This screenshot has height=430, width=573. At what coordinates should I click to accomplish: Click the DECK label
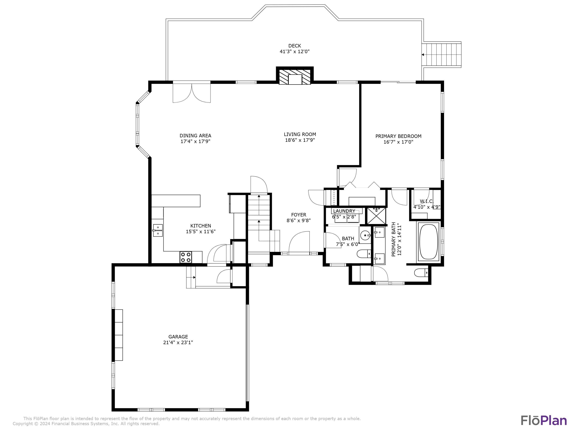tap(295, 46)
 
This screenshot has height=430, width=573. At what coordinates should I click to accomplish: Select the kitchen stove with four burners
tap(186, 257)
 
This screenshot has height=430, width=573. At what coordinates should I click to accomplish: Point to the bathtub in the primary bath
tap(428, 242)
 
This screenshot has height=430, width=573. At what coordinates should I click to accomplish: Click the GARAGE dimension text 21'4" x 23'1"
tap(178, 342)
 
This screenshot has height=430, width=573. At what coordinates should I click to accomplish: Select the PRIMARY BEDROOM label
tap(398, 136)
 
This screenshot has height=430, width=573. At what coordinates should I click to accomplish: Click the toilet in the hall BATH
tap(363, 254)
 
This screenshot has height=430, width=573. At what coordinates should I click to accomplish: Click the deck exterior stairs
tap(442, 55)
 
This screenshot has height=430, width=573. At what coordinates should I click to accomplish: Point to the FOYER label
tap(298, 215)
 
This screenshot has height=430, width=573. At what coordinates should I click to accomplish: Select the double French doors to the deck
tap(192, 93)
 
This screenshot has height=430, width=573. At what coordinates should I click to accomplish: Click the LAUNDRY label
tap(344, 211)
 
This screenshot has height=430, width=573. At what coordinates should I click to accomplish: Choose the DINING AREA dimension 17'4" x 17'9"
tap(195, 141)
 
